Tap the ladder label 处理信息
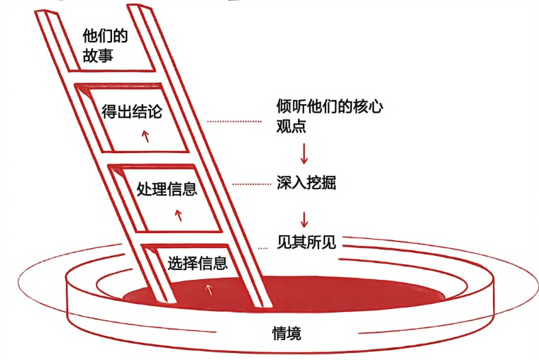tap(166, 189)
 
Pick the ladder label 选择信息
tap(197, 264)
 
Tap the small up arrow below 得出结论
tap(146, 136)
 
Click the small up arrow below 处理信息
tap(179, 213)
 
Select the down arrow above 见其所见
tap(305, 216)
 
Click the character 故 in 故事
tap(90, 54)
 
